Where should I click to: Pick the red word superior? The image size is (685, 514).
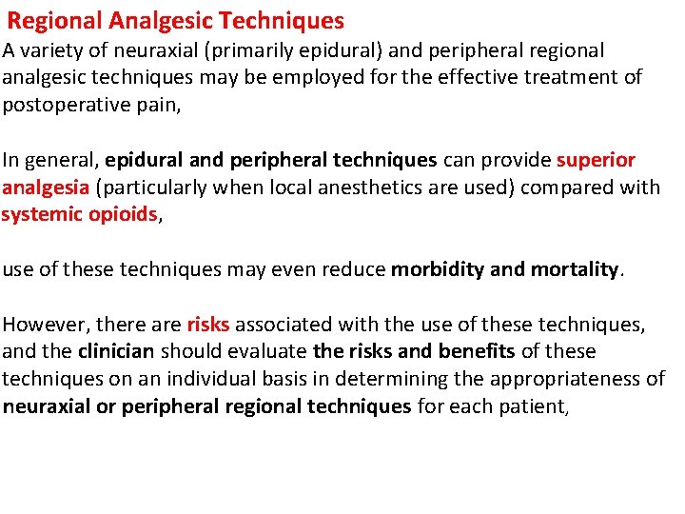point(596,160)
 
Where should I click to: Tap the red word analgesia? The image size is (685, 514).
point(44,187)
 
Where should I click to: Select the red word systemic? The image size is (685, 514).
point(37,214)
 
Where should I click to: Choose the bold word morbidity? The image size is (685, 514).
point(437,269)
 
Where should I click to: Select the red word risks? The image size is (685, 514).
point(207,325)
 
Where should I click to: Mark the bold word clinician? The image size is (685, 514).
point(116,351)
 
